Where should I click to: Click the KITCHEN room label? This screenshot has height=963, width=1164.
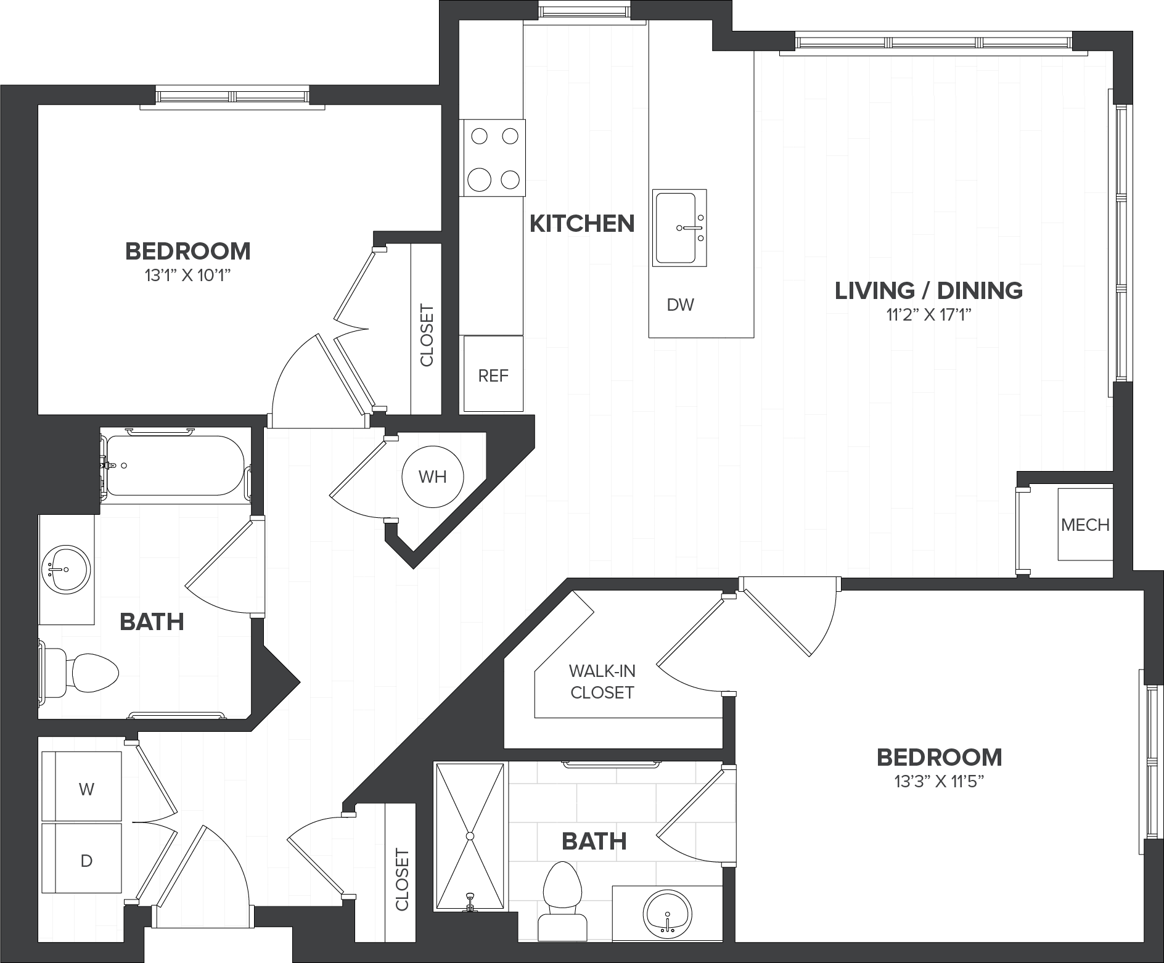pyautogui.click(x=582, y=223)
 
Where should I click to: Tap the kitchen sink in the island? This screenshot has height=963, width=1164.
pyautogui.click(x=679, y=228)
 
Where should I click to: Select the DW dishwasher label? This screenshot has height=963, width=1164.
pyautogui.click(x=681, y=305)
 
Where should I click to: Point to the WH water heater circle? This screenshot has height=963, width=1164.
pyautogui.click(x=432, y=477)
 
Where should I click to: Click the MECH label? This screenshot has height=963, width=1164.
pyautogui.click(x=1085, y=525)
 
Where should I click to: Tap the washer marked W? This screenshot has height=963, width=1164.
pyautogui.click(x=81, y=786)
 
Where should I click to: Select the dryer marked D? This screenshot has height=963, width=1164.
pyautogui.click(x=81, y=858)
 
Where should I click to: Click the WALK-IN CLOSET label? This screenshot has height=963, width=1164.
pyautogui.click(x=602, y=681)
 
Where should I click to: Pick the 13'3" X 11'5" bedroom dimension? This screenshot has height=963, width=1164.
pyautogui.click(x=939, y=782)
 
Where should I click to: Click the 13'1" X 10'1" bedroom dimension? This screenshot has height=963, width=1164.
pyautogui.click(x=187, y=276)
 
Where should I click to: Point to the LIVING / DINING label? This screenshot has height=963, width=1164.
pyautogui.click(x=928, y=290)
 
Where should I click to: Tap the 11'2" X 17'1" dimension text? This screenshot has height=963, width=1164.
pyautogui.click(x=928, y=316)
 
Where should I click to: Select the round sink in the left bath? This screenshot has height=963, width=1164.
pyautogui.click(x=66, y=568)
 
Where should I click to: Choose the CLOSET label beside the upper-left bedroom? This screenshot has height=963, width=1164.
pyautogui.click(x=426, y=335)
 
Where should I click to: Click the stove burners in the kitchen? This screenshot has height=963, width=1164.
pyautogui.click(x=493, y=158)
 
